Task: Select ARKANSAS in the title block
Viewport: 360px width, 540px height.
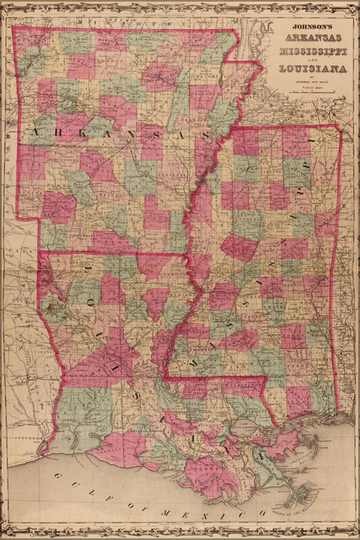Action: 310,38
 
